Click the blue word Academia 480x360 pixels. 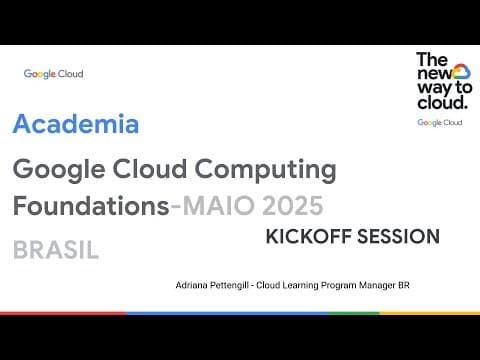click(x=76, y=126)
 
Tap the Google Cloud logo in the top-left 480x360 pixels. click(x=53, y=74)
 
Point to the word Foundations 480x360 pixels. click(x=90, y=207)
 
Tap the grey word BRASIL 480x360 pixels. click(x=56, y=250)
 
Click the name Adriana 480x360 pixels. click(x=194, y=285)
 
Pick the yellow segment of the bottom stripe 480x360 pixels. click(x=430, y=313)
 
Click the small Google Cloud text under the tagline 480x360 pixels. click(x=439, y=122)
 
